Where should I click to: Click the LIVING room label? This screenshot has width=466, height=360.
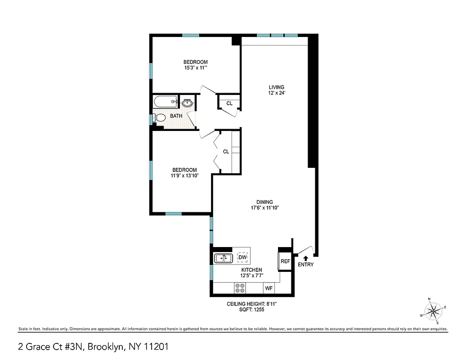(277, 87)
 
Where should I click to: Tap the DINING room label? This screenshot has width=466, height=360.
(265, 202)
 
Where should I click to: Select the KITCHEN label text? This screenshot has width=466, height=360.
(251, 270)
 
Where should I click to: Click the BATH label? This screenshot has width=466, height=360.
(176, 116)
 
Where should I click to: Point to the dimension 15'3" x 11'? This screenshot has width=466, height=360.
(195, 68)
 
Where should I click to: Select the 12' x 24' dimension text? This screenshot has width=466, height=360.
(277, 93)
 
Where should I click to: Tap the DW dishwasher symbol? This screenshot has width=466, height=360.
(242, 257)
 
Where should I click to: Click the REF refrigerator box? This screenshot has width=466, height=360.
(285, 261)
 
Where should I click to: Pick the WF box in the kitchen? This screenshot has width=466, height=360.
(269, 288)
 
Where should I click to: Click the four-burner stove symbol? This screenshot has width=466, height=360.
(239, 288)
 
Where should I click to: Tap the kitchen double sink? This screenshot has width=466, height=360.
(223, 258)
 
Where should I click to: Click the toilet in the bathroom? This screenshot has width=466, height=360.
(159, 118)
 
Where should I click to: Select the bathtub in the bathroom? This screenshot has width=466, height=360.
(165, 102)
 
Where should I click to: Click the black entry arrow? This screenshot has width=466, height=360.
(305, 258)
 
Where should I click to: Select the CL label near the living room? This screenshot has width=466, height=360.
(229, 103)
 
